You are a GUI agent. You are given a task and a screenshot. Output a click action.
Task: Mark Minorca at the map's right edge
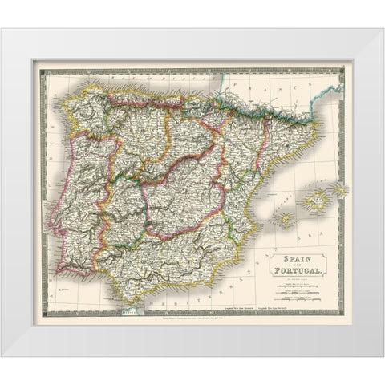(340, 189)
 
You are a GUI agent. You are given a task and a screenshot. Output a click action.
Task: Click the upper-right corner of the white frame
(367, 29)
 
